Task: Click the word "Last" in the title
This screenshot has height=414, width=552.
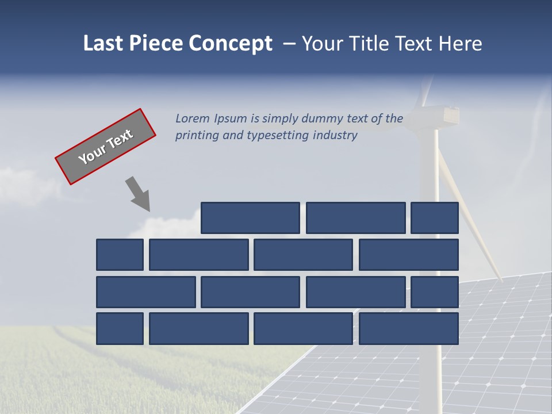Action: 102,44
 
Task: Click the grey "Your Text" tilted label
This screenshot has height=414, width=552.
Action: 105,147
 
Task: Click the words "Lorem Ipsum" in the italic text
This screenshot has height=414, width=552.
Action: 211,119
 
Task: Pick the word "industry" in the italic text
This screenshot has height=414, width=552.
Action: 335,136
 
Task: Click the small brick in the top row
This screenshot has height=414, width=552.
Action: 435,218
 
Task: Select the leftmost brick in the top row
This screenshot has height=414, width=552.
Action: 250,218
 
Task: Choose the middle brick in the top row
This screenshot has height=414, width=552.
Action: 355,218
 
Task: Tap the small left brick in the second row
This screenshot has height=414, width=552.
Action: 120,255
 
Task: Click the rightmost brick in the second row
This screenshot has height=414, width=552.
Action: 409,255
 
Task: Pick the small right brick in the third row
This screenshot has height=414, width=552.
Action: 435,292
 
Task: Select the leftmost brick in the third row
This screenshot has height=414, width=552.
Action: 145,292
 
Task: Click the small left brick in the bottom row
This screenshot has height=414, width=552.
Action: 120,329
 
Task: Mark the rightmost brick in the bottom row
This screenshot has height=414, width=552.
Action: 409,329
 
